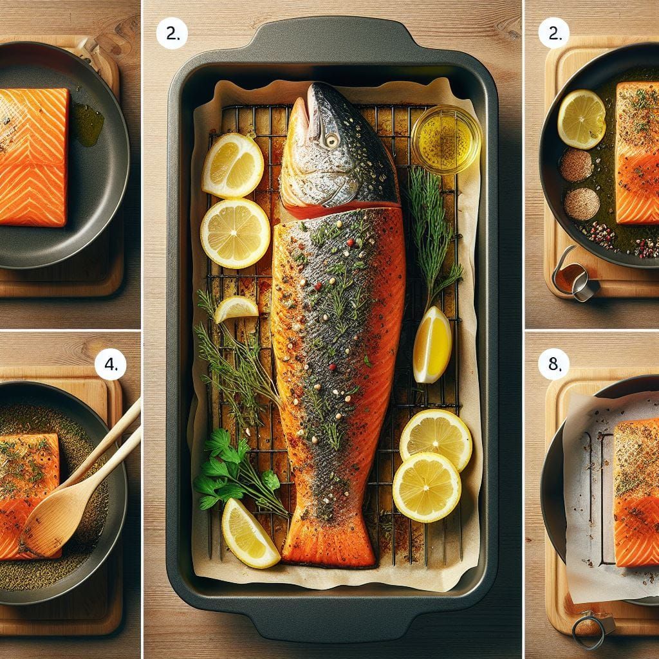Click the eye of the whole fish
coord(331,141)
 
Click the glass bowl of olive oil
coord(447,139)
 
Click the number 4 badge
coord(111,364)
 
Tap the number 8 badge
coord(554,364)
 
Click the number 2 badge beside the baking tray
coord(172,33)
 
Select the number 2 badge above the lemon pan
coord(554,33)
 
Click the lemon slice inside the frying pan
coord(582,119)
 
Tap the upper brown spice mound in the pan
coord(576,165)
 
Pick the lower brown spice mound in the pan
coord(582,204)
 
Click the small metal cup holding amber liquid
coord(574,277)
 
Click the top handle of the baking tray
coord(332,40)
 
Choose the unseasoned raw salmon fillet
coord(33,157)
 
